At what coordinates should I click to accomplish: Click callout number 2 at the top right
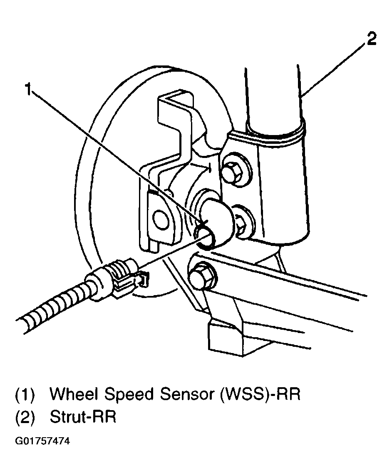[372, 39]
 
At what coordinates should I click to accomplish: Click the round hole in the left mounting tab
[160, 216]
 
